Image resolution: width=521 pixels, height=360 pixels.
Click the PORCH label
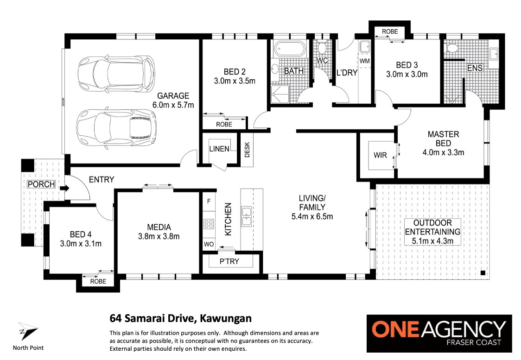coord(41,184)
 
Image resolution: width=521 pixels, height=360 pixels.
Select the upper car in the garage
coord(116,74)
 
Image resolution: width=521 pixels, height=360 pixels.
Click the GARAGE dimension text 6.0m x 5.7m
coord(173,105)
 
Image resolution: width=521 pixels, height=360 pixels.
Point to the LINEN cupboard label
coord(219,149)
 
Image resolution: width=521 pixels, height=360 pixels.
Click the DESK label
coord(247,150)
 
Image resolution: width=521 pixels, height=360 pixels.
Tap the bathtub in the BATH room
coord(289,49)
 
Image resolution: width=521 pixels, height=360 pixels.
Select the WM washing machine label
coord(364,61)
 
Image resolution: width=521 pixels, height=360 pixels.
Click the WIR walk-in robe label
coord(380,155)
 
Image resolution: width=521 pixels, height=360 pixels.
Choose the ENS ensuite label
coord(475,68)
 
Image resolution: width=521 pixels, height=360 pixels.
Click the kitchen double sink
coord(246,216)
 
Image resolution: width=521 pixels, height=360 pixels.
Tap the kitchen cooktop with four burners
coord(209,224)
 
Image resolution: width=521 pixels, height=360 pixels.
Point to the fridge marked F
coord(209,201)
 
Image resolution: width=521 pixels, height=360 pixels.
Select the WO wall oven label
coord(209,245)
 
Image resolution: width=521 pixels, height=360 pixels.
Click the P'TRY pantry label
coord(229,261)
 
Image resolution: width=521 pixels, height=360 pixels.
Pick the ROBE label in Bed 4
coord(98,281)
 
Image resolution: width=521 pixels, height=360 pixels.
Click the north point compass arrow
coord(27,331)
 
